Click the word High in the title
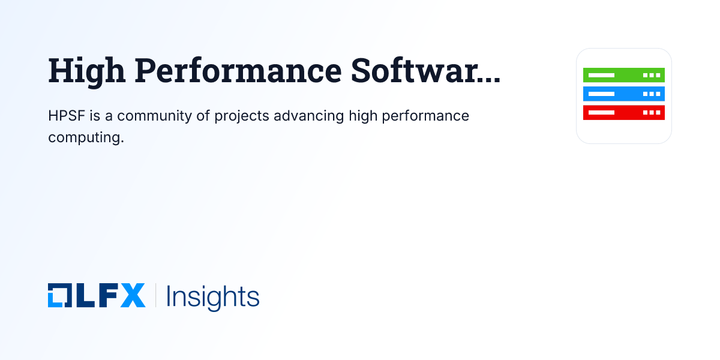coord(87,71)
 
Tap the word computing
coord(86,137)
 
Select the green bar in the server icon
coord(624,75)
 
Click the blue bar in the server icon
coord(624,94)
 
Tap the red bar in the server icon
coord(624,112)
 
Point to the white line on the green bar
coord(601,75)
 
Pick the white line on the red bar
coord(601,112)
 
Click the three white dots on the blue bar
coord(652,94)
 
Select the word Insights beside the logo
coord(212,296)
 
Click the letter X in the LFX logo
coord(133,296)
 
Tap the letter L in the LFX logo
coord(86,296)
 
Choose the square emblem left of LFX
coord(59,296)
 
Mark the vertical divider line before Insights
coord(156,296)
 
